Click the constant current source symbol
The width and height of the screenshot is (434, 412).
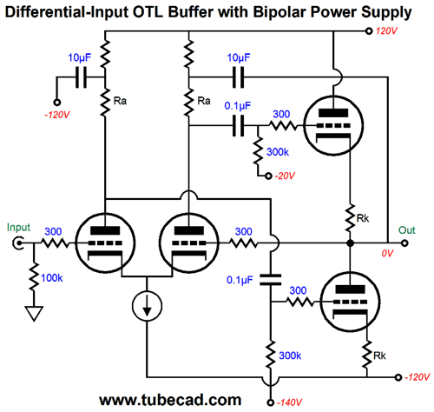(147, 306)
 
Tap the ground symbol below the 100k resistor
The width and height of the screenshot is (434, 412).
(34, 314)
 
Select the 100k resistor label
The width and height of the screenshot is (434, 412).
(52, 278)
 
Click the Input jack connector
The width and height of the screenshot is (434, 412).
(18, 243)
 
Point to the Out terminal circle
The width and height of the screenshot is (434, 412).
(404, 243)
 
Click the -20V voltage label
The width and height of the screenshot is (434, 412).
(285, 176)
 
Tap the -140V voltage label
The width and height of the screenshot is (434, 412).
(289, 402)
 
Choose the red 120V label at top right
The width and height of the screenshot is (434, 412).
(386, 31)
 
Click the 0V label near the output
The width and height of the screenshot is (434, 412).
(387, 254)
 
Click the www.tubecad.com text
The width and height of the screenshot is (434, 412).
(170, 400)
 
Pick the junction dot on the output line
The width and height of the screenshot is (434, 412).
(350, 243)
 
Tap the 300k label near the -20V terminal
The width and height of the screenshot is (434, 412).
(278, 152)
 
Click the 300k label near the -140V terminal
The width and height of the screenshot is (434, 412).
(290, 356)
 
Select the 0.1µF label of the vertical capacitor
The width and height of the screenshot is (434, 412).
(240, 280)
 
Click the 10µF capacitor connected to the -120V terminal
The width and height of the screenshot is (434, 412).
(81, 77)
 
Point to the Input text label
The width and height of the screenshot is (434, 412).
(18, 228)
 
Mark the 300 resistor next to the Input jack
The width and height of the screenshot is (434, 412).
(55, 243)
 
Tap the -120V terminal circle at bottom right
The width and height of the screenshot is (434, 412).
(398, 377)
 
